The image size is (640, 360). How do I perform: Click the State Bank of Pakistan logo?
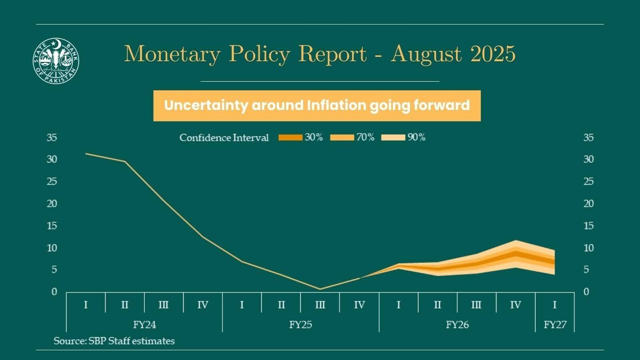tap(56, 61)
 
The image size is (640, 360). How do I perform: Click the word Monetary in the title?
tap(172, 54)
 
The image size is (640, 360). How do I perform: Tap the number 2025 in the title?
tap(493, 54)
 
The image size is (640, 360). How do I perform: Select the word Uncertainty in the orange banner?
tap(206, 105)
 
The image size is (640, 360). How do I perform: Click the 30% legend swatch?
tap(290, 138)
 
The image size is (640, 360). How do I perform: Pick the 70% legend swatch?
tap(342, 138)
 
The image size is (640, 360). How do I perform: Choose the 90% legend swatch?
tap(394, 138)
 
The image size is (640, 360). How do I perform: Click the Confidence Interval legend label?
tap(224, 138)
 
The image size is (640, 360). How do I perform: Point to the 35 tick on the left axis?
tap(52, 138)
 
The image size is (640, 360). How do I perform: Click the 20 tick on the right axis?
tap(588, 204)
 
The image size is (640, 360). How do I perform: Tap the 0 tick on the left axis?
tap(54, 292)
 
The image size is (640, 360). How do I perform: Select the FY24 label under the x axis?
tap(144, 324)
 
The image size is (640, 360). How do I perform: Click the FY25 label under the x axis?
tap(300, 324)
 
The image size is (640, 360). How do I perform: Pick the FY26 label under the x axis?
tap(457, 324)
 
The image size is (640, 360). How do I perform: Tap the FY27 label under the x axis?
tap(555, 324)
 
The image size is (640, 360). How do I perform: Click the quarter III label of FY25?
tap(320, 305)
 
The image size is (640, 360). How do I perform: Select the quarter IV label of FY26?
tap(515, 305)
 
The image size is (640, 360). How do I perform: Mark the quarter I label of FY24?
tap(86, 305)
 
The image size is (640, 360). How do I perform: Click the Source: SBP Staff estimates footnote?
tap(114, 341)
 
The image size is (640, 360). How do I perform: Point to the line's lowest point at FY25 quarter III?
tap(320, 289)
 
